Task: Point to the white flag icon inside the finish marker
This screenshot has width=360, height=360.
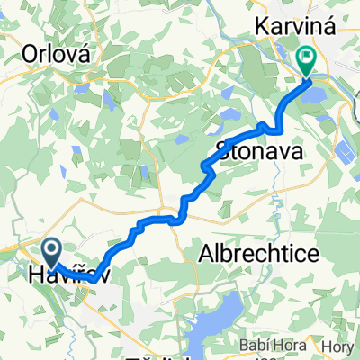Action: pos(307,59)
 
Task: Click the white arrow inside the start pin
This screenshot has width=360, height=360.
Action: pos(51,249)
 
